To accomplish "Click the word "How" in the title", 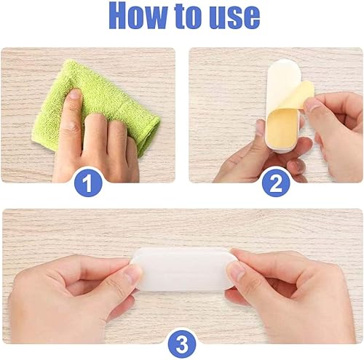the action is (139, 16).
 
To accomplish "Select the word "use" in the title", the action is (234, 17).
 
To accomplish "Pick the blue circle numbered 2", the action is (276, 183).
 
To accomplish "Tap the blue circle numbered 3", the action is (182, 344).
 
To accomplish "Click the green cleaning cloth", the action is (97, 104).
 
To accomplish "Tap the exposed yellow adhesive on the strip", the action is (282, 129).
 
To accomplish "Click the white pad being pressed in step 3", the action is (183, 269).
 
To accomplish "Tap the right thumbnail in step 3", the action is (235, 271).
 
